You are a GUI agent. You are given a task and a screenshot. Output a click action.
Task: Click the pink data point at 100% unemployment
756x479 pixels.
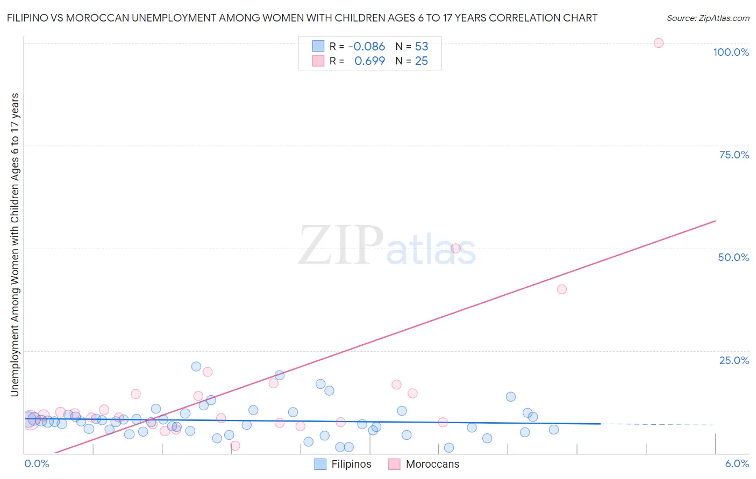coord(658,43)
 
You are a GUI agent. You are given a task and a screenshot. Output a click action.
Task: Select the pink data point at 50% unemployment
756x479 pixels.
coord(455,248)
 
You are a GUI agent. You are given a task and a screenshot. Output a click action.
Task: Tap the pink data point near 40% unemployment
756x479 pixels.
coord(562,289)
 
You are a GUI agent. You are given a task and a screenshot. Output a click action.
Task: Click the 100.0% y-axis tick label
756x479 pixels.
coord(731,52)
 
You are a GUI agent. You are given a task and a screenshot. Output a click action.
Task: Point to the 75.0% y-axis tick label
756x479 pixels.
coord(734,155)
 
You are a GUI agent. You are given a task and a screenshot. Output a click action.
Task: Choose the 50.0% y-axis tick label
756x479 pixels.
coord(733,257)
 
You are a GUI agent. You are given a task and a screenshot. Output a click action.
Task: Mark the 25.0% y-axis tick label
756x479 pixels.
coord(734,360)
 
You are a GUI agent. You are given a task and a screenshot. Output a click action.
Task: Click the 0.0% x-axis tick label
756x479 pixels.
coord(37,463)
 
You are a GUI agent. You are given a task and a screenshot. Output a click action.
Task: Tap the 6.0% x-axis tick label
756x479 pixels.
coord(737,463)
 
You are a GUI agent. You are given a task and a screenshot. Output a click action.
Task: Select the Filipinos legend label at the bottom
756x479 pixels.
coord(351,464)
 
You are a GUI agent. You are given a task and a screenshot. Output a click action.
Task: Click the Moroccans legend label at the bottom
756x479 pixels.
coord(432,464)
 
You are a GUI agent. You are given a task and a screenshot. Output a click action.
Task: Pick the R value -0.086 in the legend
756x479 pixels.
coord(367,47)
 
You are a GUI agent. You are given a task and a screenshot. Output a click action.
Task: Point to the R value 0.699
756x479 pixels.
coord(369,61)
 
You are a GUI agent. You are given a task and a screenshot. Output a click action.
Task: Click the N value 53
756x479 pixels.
coord(422,47)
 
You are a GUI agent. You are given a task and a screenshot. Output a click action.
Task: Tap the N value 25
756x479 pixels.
coord(422,61)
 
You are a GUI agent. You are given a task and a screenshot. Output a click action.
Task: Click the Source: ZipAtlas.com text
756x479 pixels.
coord(708,18)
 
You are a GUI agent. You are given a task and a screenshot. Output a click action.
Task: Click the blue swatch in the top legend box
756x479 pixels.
coord(318,46)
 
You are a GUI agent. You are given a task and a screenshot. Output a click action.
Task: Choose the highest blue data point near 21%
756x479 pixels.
coord(196,367)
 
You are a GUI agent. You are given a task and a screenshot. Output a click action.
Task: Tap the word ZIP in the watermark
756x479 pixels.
coord(340,245)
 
